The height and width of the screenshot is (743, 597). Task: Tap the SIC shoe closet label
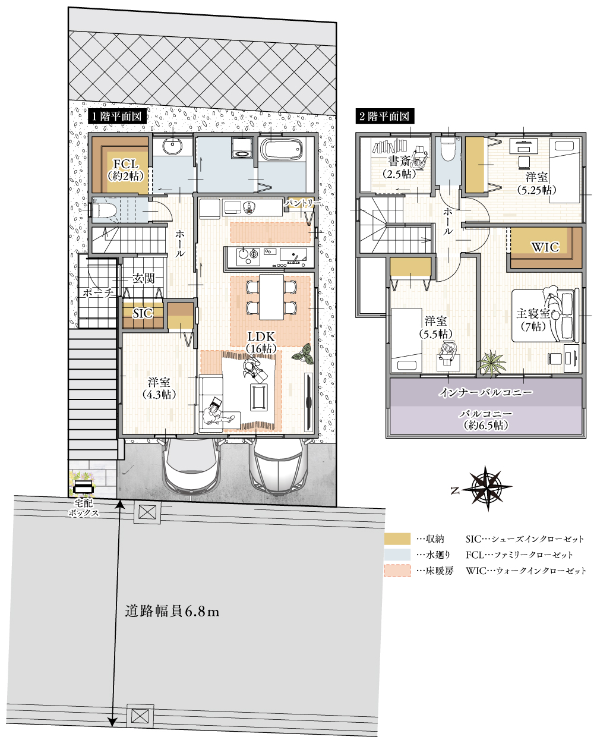(x=143, y=313)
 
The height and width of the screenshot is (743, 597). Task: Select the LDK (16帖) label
(x=261, y=342)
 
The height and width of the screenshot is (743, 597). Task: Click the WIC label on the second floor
(x=545, y=247)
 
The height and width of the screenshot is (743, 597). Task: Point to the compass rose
(x=487, y=489)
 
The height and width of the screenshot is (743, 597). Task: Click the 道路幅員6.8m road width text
(x=172, y=611)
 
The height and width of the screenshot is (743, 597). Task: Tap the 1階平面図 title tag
(x=116, y=117)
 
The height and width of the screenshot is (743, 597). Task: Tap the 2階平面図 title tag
(x=384, y=117)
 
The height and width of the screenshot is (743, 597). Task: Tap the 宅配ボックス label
(x=83, y=508)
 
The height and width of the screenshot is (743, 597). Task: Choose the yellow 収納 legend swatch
(x=397, y=539)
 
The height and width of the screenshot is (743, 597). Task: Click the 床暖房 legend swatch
(x=397, y=571)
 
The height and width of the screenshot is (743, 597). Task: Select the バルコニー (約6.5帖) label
(x=486, y=420)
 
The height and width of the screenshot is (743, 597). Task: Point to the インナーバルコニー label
(x=486, y=392)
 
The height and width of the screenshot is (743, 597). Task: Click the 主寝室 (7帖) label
(x=533, y=320)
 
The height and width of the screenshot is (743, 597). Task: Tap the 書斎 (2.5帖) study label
(x=399, y=168)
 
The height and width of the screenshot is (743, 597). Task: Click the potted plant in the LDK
(x=305, y=355)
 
